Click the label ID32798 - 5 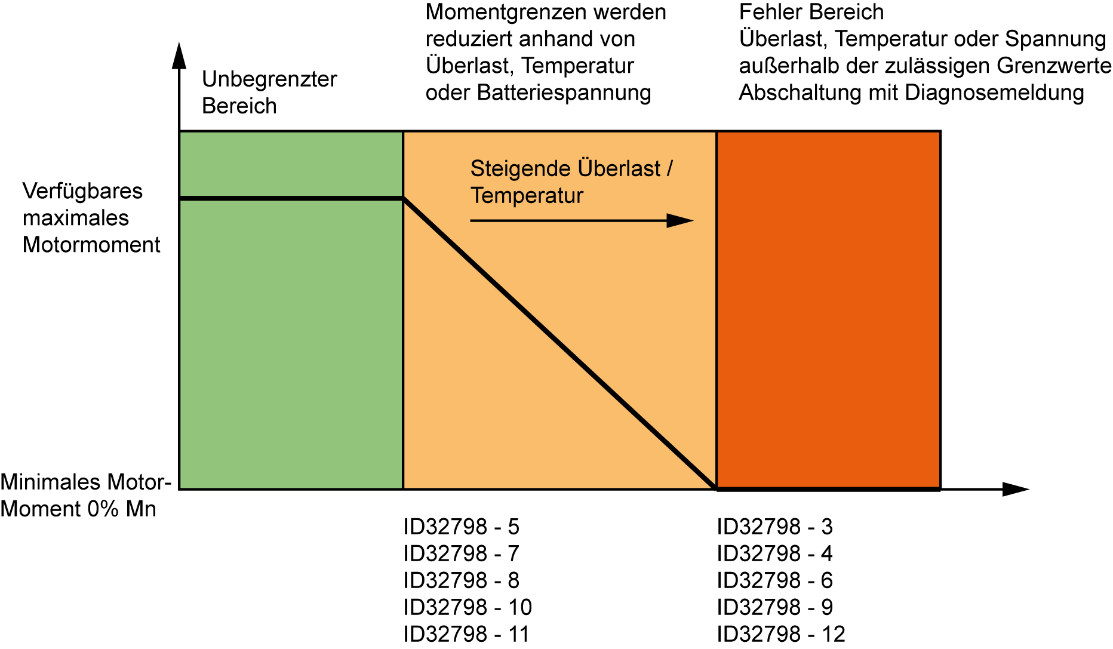pos(461,527)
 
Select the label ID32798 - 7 pos(461,553)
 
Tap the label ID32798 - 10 pos(467,607)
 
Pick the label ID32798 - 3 pos(774,527)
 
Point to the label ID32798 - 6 pos(774,580)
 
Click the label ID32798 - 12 pos(781,634)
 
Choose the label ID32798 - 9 pos(774,607)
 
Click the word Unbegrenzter pos(269,79)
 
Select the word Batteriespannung pos(564,93)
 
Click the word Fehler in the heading pos(766,12)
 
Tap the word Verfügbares pos(82,191)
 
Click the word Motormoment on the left pos(91,245)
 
